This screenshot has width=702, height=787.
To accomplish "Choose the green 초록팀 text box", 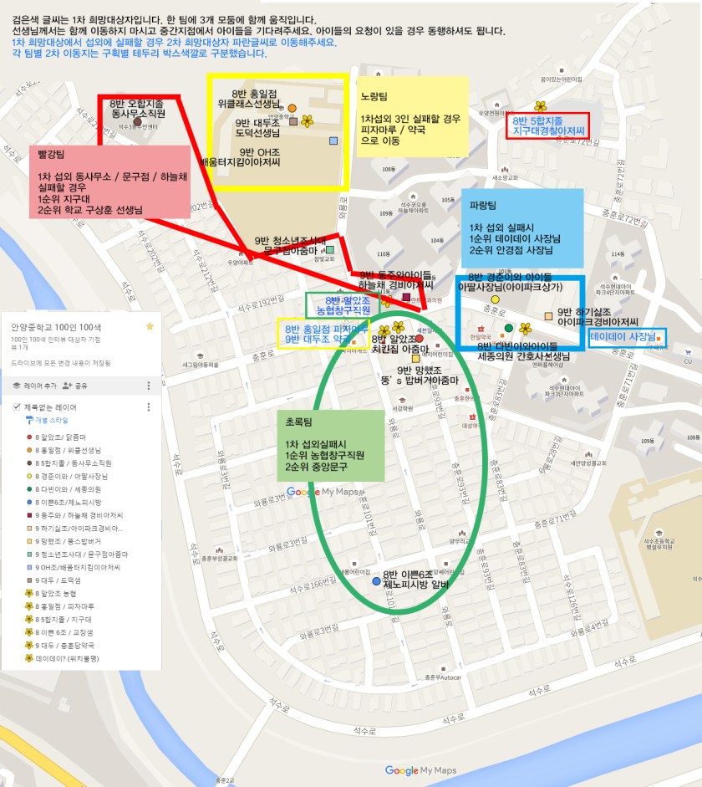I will (331, 445).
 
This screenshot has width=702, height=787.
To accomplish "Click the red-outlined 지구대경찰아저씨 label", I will (549, 125).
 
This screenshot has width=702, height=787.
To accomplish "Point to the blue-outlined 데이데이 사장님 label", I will (627, 336).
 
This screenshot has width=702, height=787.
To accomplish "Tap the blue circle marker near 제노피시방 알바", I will (376, 580).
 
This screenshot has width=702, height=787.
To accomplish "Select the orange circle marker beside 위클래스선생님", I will (292, 108).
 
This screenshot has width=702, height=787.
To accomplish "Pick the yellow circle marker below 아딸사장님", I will (495, 299).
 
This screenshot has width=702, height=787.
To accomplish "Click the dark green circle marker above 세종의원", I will (508, 327).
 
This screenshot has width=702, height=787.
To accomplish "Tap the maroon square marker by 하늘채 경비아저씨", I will (406, 297).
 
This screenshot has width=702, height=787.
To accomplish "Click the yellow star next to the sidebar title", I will (150, 326).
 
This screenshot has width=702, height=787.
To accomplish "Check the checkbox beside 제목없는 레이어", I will (16, 407).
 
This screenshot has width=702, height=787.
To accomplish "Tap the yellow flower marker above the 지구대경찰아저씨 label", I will (541, 106).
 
